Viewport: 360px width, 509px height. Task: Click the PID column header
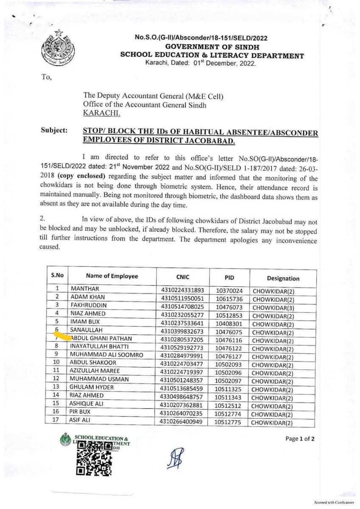tap(229, 277)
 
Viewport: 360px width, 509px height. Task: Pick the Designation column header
tap(283, 278)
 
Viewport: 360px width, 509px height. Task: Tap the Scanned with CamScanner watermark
tap(333, 501)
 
